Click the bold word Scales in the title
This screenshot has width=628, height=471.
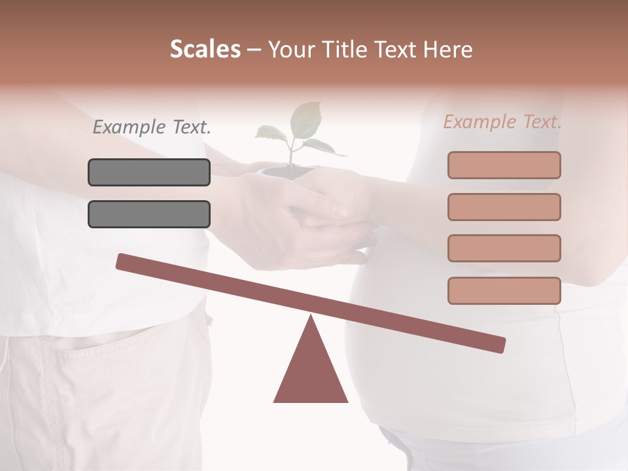[x=205, y=49]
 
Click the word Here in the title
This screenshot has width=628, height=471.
[x=447, y=50]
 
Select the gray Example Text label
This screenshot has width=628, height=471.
[x=152, y=128]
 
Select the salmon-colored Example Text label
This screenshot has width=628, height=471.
[x=502, y=122]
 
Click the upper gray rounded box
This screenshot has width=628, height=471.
[x=149, y=173]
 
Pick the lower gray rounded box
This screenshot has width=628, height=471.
[x=149, y=215]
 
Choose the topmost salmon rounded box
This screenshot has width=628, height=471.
[x=504, y=165]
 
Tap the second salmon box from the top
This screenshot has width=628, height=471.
[x=504, y=207]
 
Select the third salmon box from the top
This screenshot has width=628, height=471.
[x=504, y=249]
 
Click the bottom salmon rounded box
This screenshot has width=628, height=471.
[x=504, y=290]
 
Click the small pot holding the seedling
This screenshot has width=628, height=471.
[x=286, y=173]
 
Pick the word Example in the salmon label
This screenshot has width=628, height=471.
[x=479, y=122]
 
